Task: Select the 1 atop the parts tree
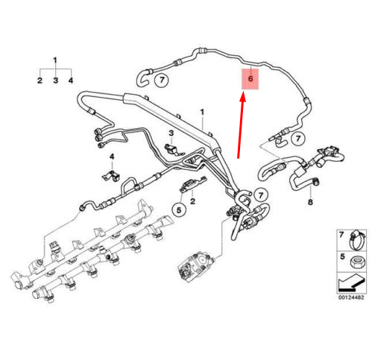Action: pos(54,60)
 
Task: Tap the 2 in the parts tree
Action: pos(40,80)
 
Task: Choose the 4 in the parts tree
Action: pos(70,80)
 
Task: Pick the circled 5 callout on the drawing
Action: pos(179,210)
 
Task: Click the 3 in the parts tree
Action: pos(54,80)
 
